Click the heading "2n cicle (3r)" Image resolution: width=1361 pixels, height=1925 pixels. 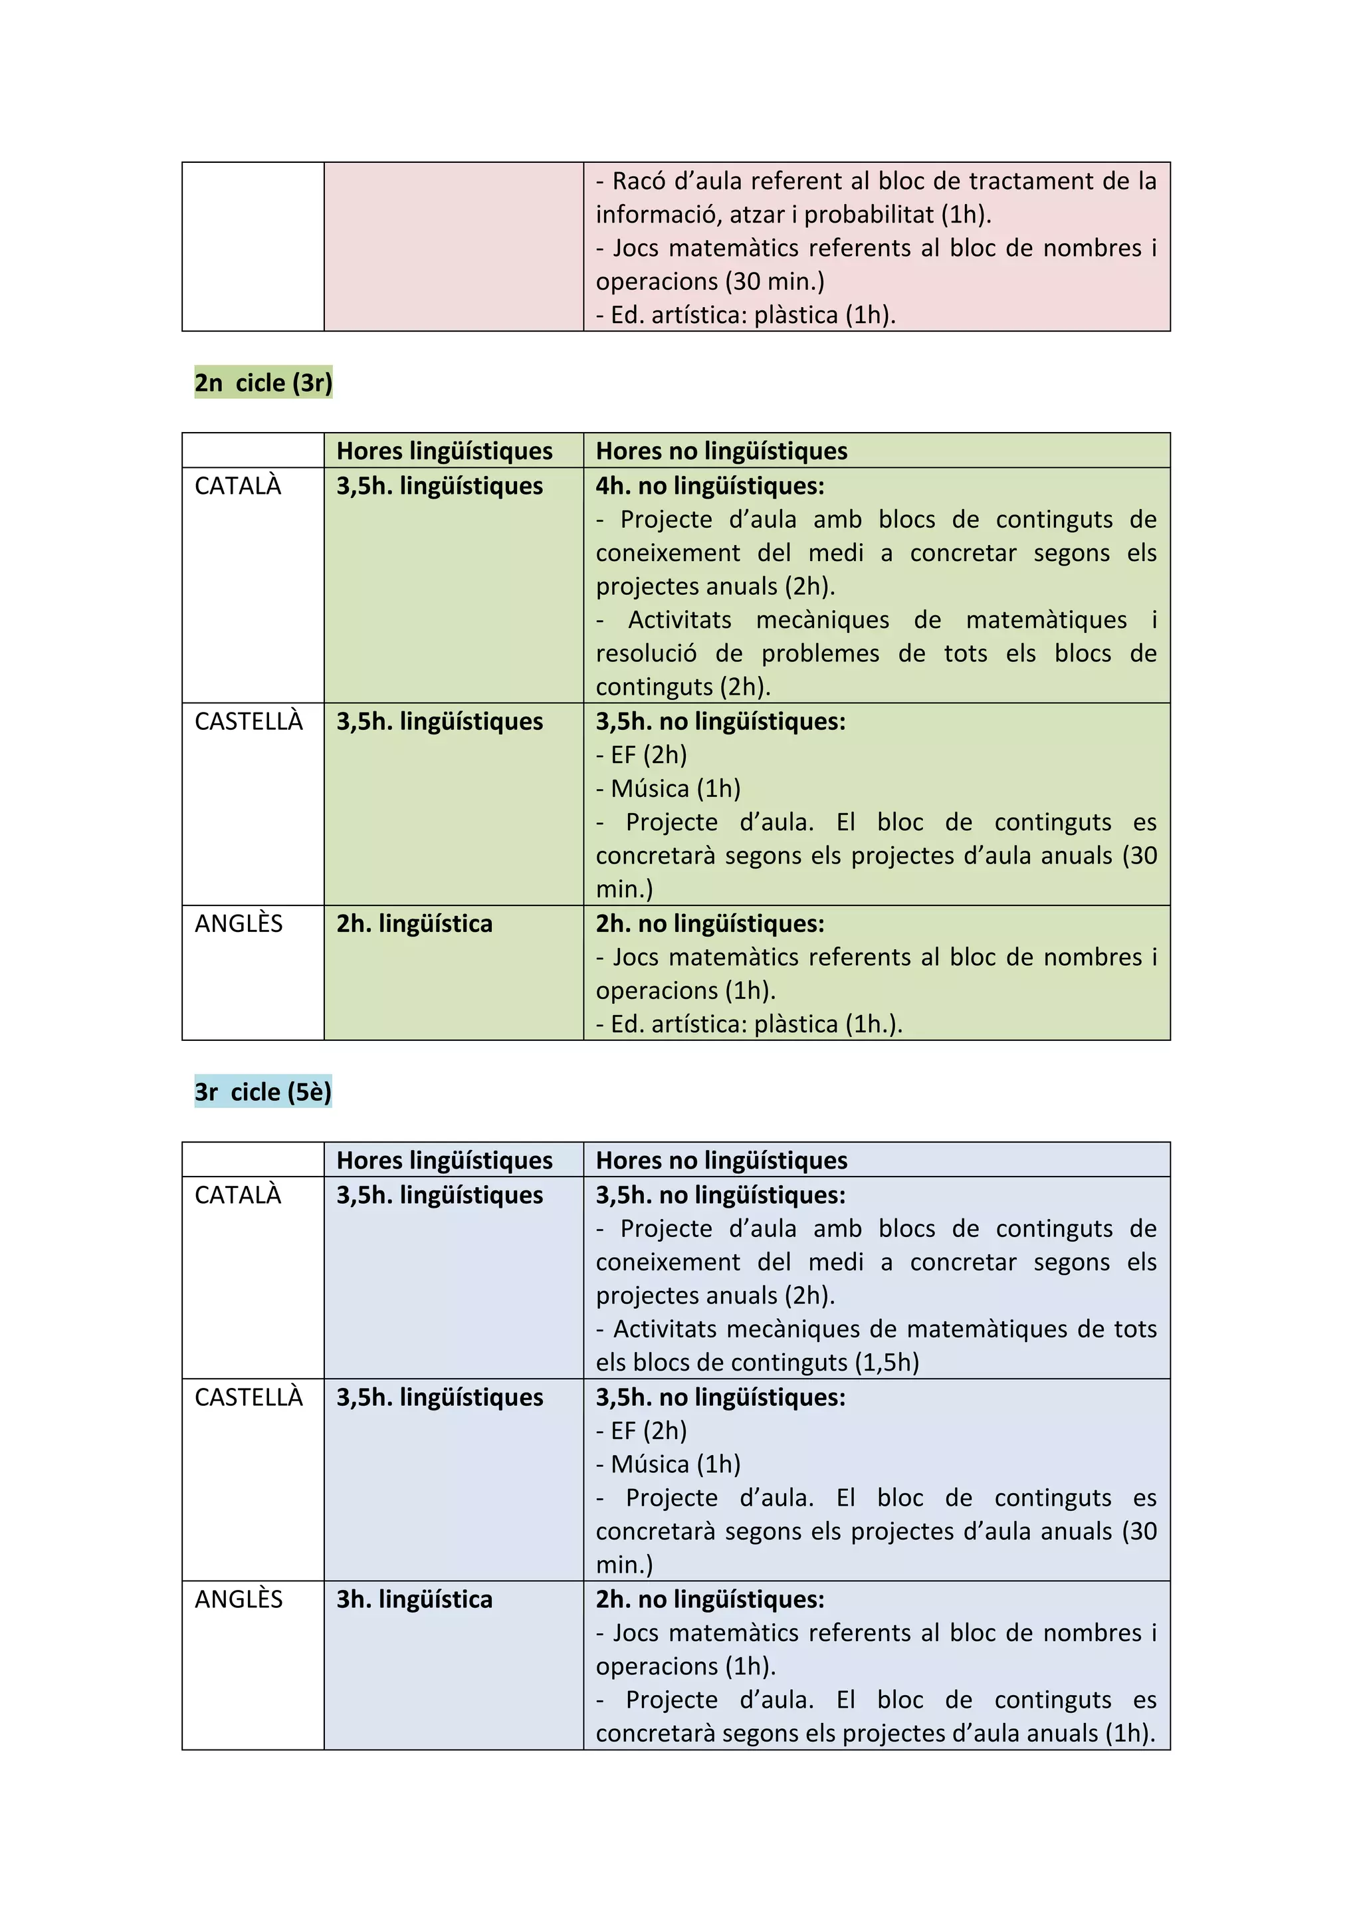[x=263, y=383]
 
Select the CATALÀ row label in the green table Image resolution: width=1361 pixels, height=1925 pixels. [x=238, y=487]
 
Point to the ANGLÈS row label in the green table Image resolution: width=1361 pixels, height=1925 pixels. [x=239, y=924]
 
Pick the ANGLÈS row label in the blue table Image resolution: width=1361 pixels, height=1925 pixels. [x=239, y=1599]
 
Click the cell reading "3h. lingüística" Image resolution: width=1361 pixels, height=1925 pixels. [x=414, y=1599]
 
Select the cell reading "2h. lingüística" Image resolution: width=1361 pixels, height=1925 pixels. [x=414, y=924]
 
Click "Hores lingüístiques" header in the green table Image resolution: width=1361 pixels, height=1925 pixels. [x=444, y=451]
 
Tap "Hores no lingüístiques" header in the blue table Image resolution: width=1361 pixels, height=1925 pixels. [x=722, y=1161]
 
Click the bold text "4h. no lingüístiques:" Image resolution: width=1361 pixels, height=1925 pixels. [x=710, y=487]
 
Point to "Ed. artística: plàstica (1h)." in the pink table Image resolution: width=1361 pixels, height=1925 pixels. [x=752, y=315]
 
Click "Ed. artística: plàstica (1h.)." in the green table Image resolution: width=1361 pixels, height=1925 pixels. [x=756, y=1024]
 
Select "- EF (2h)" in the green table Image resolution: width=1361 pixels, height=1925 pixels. [x=642, y=755]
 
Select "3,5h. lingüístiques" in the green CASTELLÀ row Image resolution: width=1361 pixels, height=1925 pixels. [x=439, y=722]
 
